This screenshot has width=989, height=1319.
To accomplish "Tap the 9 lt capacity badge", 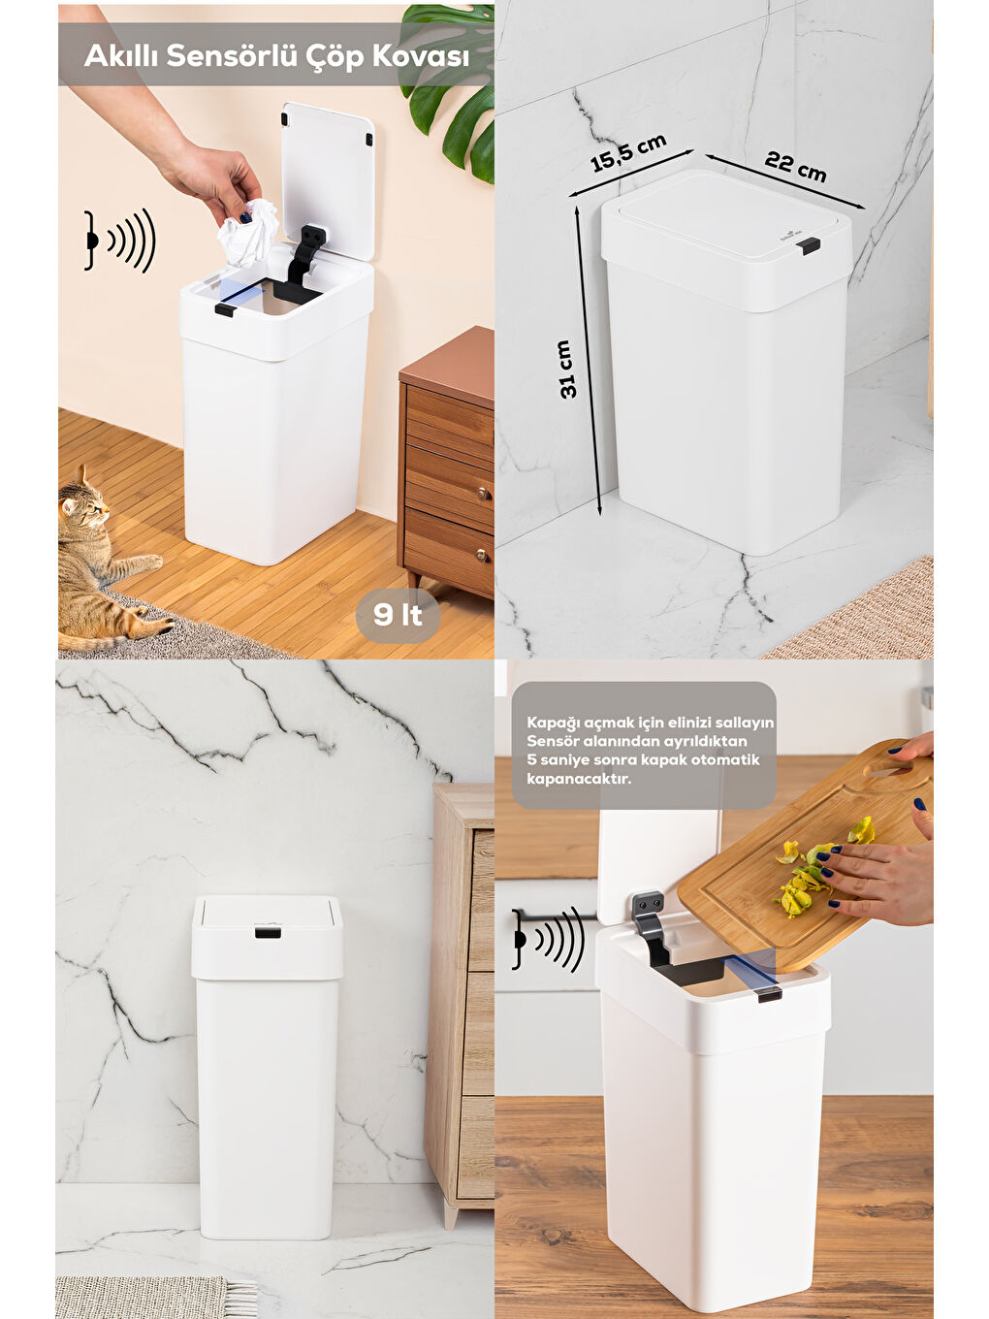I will coord(398,614).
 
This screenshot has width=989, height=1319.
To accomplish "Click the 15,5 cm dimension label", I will coord(628,153).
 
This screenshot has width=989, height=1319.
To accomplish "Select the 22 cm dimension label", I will coord(795,167).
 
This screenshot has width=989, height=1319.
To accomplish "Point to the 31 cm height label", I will coord(566,369).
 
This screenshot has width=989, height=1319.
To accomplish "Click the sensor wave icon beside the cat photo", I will coord(120,240).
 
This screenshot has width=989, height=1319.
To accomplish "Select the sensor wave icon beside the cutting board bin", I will coord(549,939).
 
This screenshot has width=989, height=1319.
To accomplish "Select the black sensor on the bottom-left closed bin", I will coord(267,933).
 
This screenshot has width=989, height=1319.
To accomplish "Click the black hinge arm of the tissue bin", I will coord(303,255).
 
